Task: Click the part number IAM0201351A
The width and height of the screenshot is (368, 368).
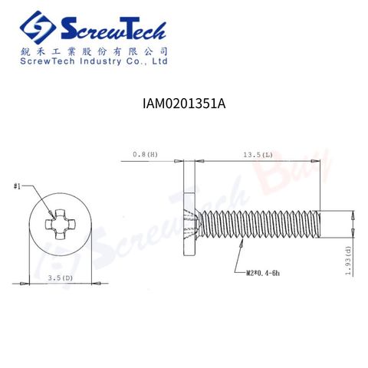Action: [184, 103]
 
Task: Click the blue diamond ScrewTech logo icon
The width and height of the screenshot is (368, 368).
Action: [38, 28]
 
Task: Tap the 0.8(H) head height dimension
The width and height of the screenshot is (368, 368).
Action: [145, 154]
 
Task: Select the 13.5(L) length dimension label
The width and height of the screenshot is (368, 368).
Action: [258, 155]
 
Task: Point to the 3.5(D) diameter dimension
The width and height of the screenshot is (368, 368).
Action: [61, 278]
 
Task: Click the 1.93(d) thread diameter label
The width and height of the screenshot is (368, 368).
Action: [348, 261]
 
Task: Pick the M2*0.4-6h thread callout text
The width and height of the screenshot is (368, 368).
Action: [263, 273]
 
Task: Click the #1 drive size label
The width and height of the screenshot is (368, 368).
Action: [17, 186]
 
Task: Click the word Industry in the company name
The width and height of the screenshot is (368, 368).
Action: [100, 61]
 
